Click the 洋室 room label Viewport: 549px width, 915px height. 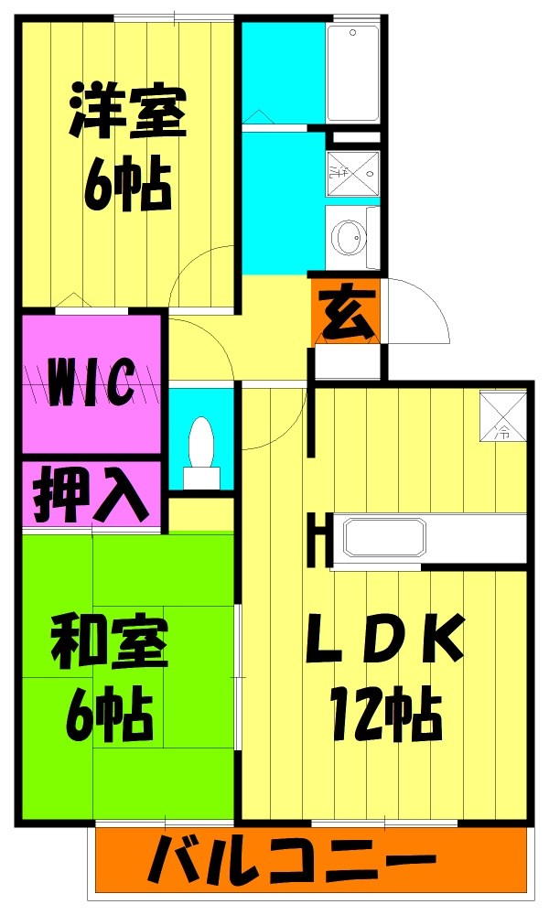(128, 112)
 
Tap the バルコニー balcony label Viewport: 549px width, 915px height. (292, 859)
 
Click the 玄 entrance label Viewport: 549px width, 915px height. (347, 314)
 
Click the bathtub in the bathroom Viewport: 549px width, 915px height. (353, 73)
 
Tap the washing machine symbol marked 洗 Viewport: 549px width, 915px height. (353, 173)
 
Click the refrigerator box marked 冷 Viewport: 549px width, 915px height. (503, 415)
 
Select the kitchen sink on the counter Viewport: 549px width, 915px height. (384, 537)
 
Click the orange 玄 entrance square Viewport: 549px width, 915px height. (347, 312)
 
